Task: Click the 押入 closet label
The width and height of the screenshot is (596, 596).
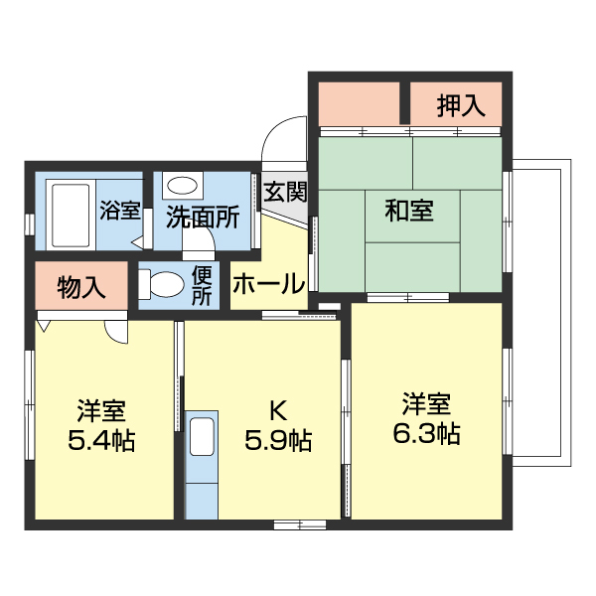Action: [x=461, y=105]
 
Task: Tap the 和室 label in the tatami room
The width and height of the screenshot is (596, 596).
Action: [x=408, y=211]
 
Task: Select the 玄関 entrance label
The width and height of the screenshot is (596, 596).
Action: [x=285, y=192]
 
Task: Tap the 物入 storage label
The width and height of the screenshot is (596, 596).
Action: [x=81, y=287]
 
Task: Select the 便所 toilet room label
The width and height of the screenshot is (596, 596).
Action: [x=202, y=285]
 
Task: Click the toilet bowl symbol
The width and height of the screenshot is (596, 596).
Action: [x=163, y=285]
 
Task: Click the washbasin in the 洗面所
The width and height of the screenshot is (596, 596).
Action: [x=181, y=185]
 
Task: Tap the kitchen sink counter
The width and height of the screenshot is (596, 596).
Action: [x=202, y=463]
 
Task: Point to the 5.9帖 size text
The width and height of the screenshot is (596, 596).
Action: [x=278, y=439]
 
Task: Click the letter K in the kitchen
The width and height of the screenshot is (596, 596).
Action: [x=279, y=409]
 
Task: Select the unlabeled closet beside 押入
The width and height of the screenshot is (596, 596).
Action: [x=359, y=103]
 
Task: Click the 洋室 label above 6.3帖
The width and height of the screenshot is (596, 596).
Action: [x=426, y=403]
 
